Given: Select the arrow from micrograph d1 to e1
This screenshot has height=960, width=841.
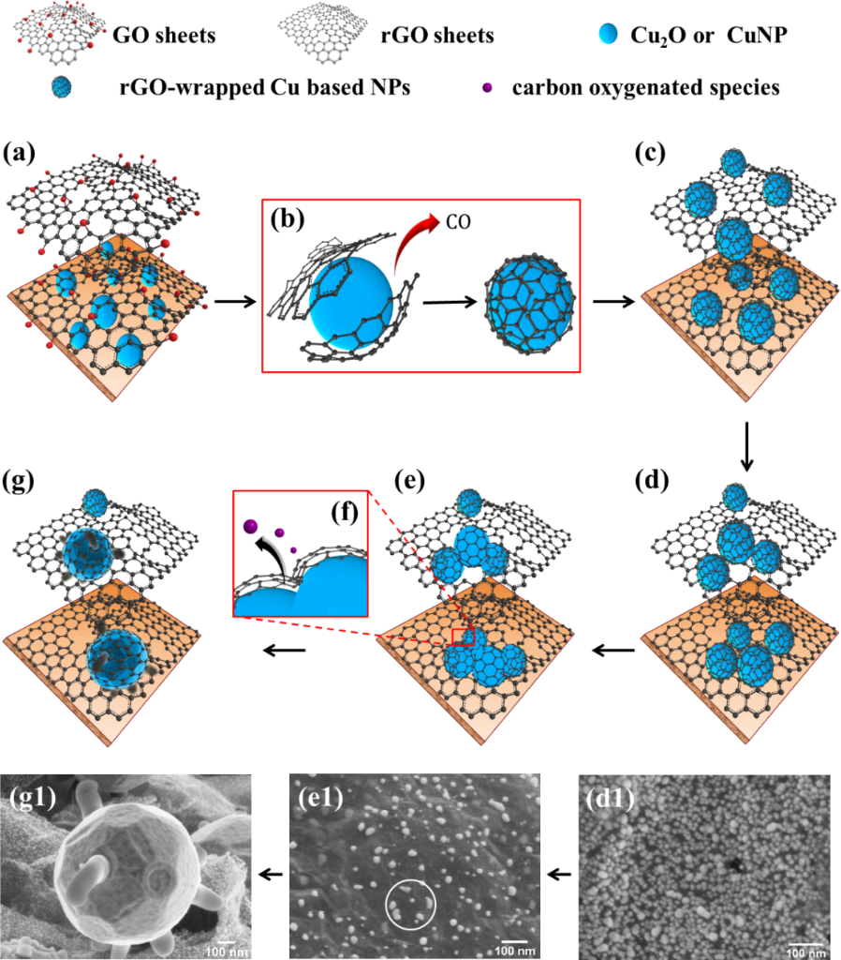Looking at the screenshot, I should (x=561, y=874).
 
